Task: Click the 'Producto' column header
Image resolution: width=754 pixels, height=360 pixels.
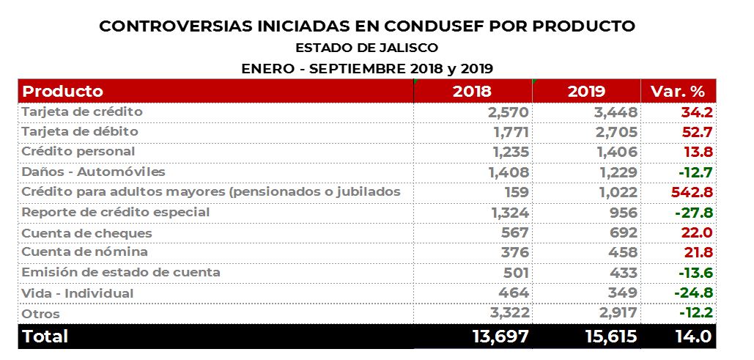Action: [x=63, y=92]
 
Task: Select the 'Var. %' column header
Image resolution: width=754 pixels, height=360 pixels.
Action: [x=678, y=92]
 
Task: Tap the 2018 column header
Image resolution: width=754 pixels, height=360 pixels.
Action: [x=472, y=92]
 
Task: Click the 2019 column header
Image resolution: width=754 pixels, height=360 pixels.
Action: [x=586, y=92]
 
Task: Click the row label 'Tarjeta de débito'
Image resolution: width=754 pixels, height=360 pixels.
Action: [x=80, y=132]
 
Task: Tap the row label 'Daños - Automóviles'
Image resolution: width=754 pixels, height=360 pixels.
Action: [x=94, y=172]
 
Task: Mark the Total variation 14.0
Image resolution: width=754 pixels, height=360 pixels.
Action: [x=690, y=337]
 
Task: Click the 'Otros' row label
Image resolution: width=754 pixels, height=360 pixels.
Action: [x=41, y=314]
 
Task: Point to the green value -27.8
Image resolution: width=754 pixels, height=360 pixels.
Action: [x=693, y=213]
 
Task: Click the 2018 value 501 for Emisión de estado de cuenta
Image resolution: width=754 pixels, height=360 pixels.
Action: [x=512, y=273]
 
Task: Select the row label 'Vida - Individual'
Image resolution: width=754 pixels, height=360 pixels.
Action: [x=78, y=293]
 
